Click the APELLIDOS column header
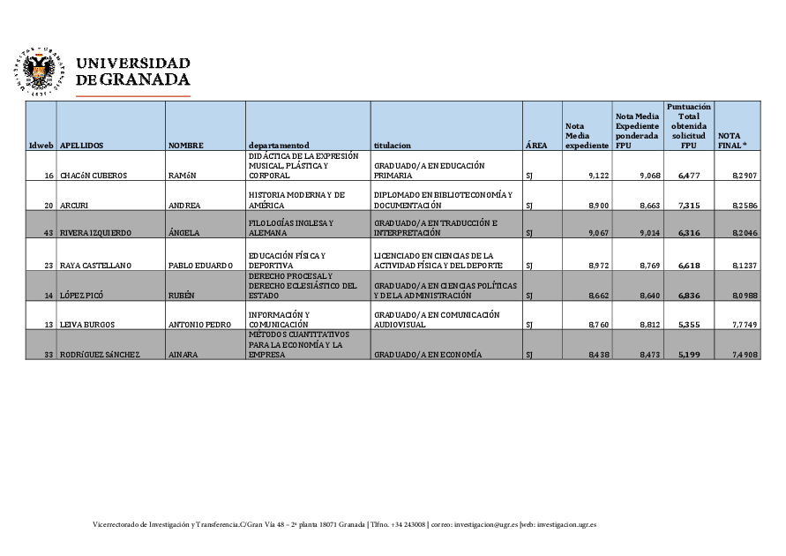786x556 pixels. (x=82, y=145)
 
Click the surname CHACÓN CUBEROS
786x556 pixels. (x=94, y=176)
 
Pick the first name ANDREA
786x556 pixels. (x=184, y=205)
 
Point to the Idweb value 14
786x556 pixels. (x=49, y=296)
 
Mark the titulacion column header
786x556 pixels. (x=393, y=145)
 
